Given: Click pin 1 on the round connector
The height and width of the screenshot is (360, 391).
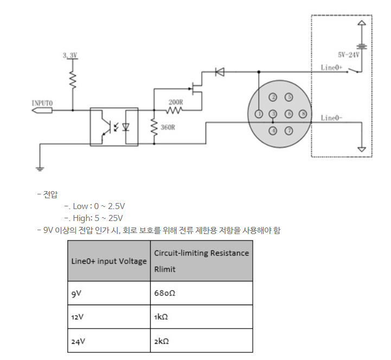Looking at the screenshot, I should coord(259,113).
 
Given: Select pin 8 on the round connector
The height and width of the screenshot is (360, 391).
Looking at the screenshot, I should coord(303,113).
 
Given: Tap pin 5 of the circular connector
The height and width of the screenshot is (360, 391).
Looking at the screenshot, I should coord(289,97).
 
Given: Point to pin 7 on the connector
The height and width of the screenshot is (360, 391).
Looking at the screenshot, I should coord(289,130).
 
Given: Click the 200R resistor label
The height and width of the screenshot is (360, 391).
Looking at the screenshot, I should coord(175,102).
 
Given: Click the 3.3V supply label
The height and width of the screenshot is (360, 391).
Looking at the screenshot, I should coord(70,55).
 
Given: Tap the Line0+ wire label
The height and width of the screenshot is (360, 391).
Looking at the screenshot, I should coord(331,67).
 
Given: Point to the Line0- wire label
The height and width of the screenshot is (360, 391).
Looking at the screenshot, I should coord(331,118).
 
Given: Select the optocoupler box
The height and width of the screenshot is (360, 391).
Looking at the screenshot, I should coord(114,127).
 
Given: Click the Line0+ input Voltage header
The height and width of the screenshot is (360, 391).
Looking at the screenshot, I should coord(108,261).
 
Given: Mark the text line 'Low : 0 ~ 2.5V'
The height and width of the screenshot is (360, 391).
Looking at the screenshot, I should coord(95,206).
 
